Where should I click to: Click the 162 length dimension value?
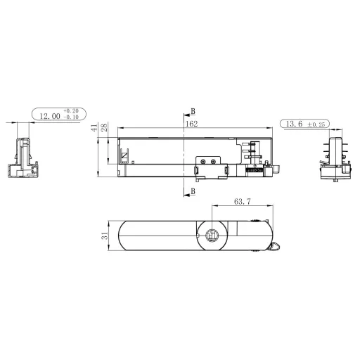[x=191, y=124]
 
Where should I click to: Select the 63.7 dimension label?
[x=241, y=202]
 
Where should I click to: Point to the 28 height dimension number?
[x=104, y=128]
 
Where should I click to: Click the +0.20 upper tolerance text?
[x=71, y=112]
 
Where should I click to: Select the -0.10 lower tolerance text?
[x=71, y=118]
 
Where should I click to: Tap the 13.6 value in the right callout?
[x=295, y=124]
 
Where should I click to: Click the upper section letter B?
[x=193, y=112]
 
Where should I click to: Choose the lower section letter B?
[x=193, y=191]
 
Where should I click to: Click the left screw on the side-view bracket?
[x=202, y=162]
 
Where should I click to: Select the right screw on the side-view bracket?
[x=213, y=162]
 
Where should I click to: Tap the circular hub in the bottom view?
[x=212, y=237]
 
